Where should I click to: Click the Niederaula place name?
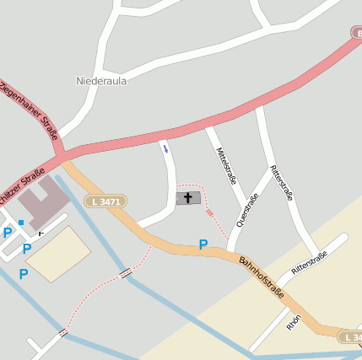point(101,82)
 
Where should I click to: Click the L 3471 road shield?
point(105,201)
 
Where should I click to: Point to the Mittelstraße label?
point(225,165)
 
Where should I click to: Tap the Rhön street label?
point(293,322)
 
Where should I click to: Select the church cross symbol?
point(188,197)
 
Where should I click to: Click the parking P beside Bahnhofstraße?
point(203,244)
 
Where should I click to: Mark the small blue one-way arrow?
point(165,148)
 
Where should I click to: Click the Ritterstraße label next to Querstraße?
point(282,182)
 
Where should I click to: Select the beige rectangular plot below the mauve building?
point(61,254)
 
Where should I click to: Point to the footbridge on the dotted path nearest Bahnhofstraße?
point(126,272)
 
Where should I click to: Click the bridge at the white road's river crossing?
point(62,333)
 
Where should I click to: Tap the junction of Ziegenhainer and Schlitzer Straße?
point(60,156)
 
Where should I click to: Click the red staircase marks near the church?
point(210,212)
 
